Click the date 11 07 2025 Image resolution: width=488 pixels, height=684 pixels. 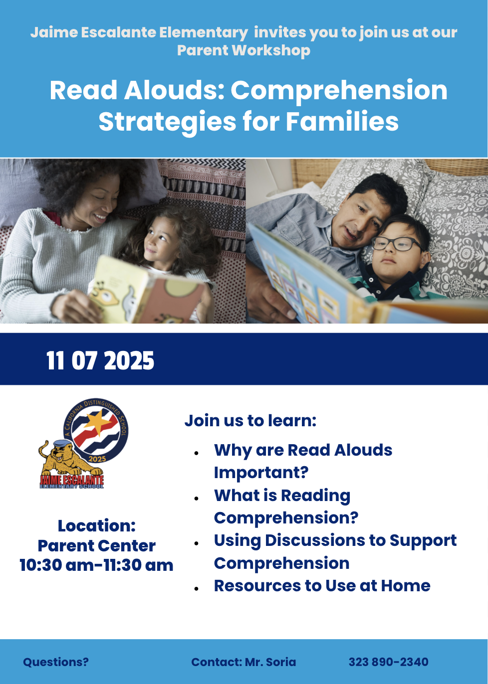[x=100, y=360]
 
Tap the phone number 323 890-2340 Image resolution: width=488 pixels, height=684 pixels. [x=388, y=662]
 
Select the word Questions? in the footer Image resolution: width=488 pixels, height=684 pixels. [x=56, y=662]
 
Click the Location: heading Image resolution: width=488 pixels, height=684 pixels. [x=97, y=526]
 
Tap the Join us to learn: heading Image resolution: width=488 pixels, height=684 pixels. [x=250, y=420]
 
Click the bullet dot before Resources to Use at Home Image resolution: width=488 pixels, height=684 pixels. [x=197, y=588]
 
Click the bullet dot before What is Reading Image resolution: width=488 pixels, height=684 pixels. [x=197, y=498]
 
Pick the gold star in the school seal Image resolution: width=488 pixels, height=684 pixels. [x=97, y=422]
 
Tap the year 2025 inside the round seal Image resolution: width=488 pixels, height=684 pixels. [x=97, y=459]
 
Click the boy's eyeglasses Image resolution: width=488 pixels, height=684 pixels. [x=396, y=244]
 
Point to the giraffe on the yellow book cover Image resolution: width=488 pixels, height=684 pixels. [x=107, y=294]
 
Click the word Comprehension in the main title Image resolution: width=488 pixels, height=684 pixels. [x=339, y=91]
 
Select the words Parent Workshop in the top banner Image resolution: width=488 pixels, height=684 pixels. [x=244, y=50]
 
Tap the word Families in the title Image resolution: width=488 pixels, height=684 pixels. [x=342, y=121]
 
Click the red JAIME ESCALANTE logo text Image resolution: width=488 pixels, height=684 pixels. [x=72, y=480]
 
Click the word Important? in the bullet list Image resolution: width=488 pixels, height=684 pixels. [x=261, y=472]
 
